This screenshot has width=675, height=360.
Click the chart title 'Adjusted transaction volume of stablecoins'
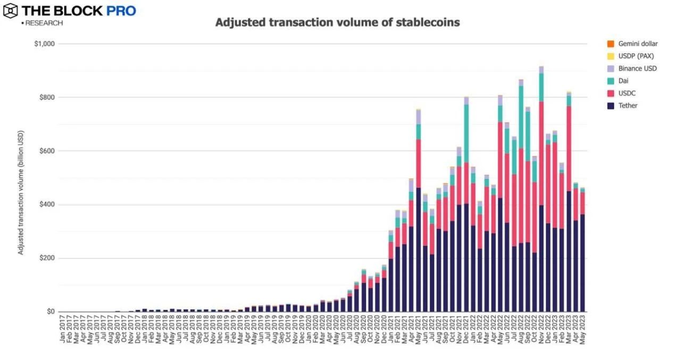[x=337, y=23]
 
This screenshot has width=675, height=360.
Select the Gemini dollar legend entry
[x=637, y=44]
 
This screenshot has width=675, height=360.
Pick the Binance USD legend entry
[x=637, y=68]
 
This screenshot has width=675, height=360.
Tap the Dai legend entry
[x=623, y=81]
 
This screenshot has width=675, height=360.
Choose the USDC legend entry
[x=627, y=93]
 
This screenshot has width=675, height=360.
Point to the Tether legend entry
[x=628, y=105]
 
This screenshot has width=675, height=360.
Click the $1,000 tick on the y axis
[x=45, y=44]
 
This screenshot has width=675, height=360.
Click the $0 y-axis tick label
[x=51, y=312]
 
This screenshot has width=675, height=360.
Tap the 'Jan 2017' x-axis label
[x=63, y=330]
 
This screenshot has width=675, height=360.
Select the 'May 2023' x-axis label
[x=582, y=330]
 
